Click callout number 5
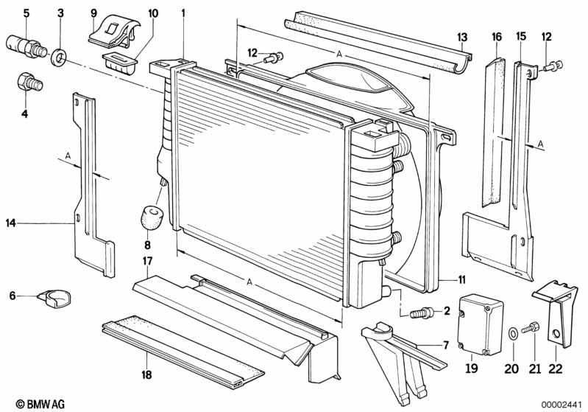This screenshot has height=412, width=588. pos(26,13)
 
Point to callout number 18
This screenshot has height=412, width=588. pos(148,375)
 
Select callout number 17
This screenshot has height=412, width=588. pos(148,260)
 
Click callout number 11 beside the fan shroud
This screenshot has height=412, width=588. pos(461,279)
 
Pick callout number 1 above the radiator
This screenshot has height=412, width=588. pos(183,13)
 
